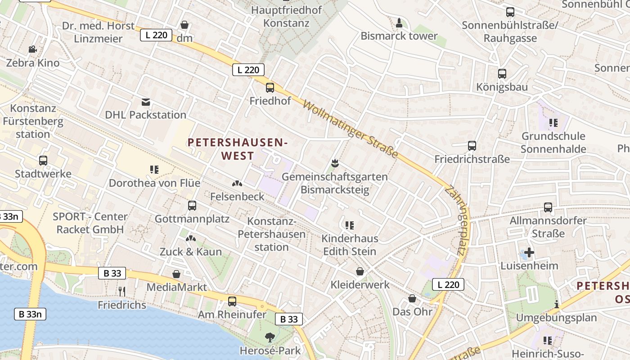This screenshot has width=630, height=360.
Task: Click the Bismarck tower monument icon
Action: coord(399,22)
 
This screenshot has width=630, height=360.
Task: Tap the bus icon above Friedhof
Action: coord(270,88)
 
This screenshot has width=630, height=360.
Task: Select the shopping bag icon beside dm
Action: coord(184,25)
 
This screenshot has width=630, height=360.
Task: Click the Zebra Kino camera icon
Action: coord(32,49)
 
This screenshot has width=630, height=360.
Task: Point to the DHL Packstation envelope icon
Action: coord(146,102)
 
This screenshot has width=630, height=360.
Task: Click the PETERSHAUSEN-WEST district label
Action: coord(238,149)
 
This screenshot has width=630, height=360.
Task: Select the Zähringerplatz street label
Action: coord(455,220)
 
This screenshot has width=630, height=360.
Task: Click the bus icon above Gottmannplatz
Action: coord(192,206)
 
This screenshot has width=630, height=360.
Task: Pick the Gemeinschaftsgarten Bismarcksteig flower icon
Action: coord(334,163)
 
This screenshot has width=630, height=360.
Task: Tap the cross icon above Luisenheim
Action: coord(529,252)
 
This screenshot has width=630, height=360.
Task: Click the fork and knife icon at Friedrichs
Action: coord(121,292)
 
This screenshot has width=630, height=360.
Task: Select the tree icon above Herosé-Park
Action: coord(270,337)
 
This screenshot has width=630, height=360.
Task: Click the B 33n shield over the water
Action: coord(30,314)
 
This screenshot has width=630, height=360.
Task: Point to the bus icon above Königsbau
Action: coord(502,74)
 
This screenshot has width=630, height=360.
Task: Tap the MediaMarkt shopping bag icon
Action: coord(176,274)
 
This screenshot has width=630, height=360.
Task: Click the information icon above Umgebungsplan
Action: coord(557,304)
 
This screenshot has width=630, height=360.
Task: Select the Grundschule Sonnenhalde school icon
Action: coord(553,122)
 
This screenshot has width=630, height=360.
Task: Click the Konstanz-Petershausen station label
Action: coord(271,234)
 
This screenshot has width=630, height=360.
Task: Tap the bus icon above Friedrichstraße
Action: coord(472,146)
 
